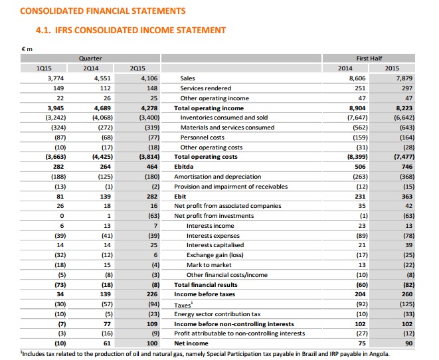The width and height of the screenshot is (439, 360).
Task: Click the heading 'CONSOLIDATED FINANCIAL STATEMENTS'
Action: [x=103, y=11]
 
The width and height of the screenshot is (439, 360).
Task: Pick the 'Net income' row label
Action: [x=191, y=343]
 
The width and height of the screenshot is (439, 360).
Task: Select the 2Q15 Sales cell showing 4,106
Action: [x=145, y=78]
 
